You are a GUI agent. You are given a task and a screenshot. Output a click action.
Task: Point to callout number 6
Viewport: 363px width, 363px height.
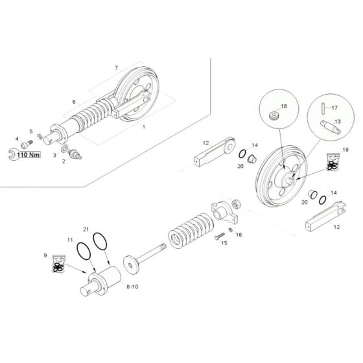pyautogui.click(x=74, y=102)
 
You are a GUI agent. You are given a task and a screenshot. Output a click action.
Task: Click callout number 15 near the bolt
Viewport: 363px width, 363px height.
pyautogui.click(x=224, y=244)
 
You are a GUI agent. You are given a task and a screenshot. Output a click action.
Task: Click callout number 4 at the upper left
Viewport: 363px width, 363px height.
pyautogui.click(x=17, y=138)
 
